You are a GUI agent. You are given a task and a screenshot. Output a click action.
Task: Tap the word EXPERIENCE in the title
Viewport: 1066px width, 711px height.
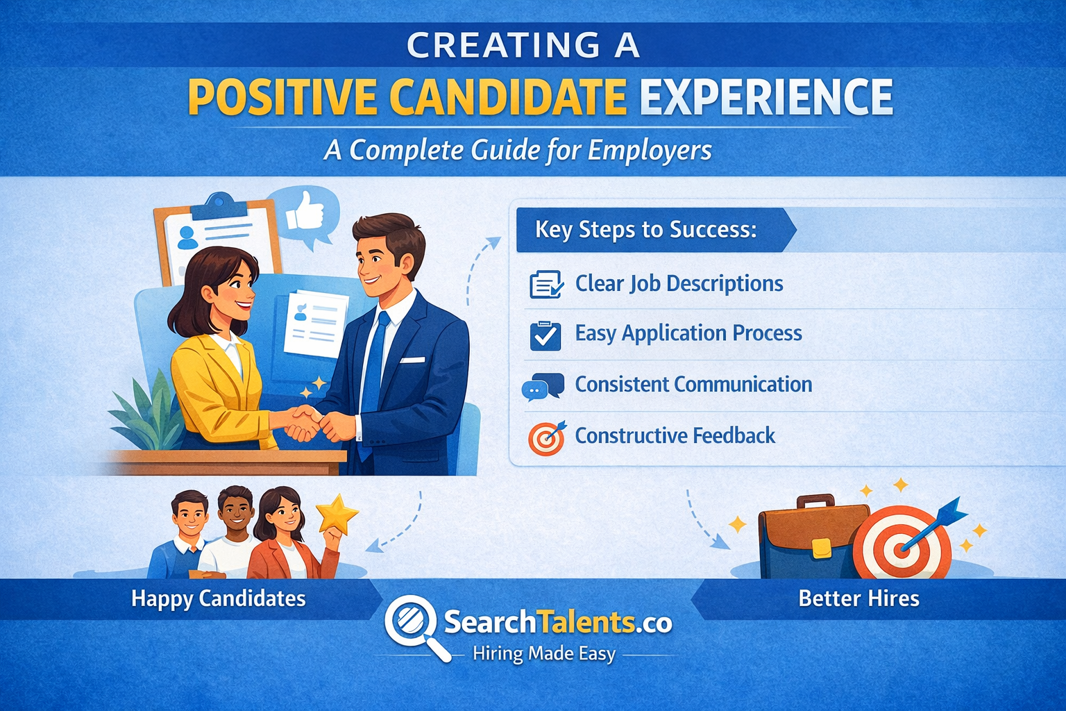point(766,97)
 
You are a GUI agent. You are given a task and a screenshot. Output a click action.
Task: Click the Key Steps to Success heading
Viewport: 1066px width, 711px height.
point(645,229)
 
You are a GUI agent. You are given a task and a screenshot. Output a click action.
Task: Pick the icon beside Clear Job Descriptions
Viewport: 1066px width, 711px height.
point(545,285)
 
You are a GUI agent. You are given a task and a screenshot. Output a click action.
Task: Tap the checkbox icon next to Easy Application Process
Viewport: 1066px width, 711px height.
point(545,336)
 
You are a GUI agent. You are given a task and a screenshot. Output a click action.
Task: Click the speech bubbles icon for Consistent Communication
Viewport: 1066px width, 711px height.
point(543,387)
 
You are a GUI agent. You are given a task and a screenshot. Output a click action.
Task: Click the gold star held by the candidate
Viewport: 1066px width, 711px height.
point(337,515)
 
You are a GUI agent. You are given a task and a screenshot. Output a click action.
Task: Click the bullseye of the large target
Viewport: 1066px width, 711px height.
point(902,547)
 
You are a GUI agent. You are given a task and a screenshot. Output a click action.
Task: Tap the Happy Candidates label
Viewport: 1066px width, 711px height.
point(219,599)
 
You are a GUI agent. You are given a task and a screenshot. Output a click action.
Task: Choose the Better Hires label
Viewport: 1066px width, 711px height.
point(858,599)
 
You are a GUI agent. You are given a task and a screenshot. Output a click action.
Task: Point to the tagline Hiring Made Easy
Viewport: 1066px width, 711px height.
point(543,654)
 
